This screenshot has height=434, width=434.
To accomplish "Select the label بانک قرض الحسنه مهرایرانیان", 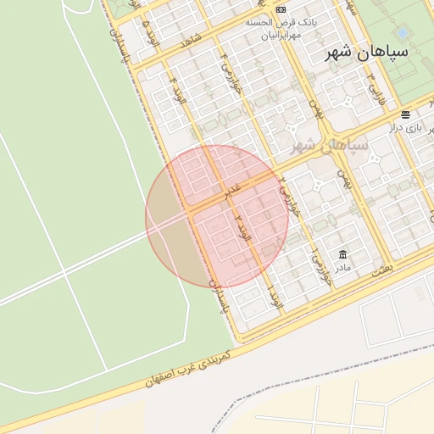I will coord(275,29).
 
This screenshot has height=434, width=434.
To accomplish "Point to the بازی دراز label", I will coord(405,127).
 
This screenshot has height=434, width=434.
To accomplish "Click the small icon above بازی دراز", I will coord(407,114).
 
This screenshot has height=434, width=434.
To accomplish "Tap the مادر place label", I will coord(342,268).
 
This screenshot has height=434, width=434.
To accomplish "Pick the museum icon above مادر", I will coord(342,254).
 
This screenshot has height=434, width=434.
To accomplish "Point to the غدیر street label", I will coord(231,192).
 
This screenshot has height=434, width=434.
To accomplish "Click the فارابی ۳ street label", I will coord(373,87).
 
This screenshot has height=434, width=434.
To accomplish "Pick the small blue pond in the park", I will coord(403,32).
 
